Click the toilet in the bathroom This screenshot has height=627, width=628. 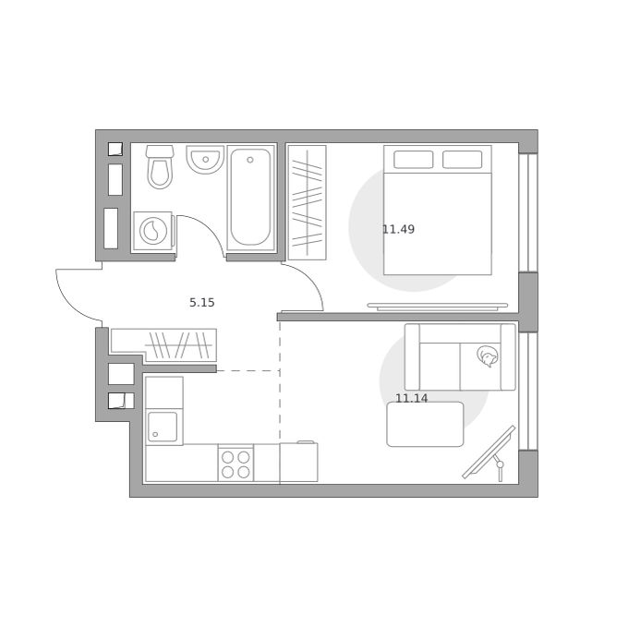coord(160,166)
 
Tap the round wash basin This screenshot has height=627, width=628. coord(205,160)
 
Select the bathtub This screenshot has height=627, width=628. coord(250,198)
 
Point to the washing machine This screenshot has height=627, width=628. coord(153,231)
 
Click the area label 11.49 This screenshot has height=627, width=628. coord(399,229)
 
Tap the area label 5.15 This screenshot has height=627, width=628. coord(202,303)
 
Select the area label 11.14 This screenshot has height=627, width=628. coord(412,398)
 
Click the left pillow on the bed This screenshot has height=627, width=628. coord(414,160)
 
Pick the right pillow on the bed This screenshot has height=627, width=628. coord(462,160)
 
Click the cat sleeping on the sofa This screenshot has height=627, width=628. coord(488,356)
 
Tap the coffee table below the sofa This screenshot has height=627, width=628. coord(426,424)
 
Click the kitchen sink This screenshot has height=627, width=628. coord(163,427)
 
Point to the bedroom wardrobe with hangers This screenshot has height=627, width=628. coord(308,202)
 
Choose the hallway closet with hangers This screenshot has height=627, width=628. coord(178,344)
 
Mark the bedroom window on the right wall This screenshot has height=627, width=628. coord(528,213)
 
